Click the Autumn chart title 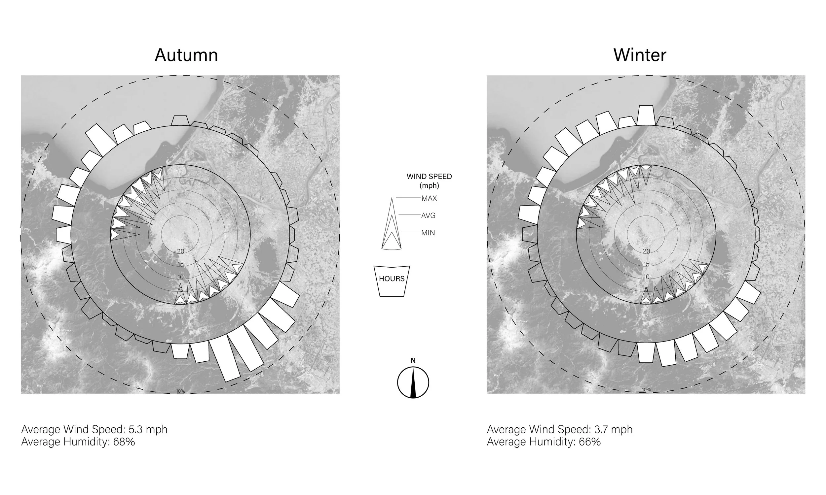point(186,55)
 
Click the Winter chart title point(639,55)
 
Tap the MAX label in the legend point(429,198)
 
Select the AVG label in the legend point(428,216)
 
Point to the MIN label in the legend point(428,233)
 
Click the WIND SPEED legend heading point(429,177)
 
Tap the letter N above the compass point(413,361)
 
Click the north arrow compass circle point(413,382)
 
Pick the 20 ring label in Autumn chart point(180,251)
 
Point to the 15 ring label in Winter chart point(646,264)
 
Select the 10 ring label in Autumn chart point(180,277)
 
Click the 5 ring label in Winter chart point(646,289)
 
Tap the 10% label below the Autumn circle point(180,391)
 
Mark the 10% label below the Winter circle point(646,390)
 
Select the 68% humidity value point(124,442)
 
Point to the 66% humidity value point(590,442)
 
